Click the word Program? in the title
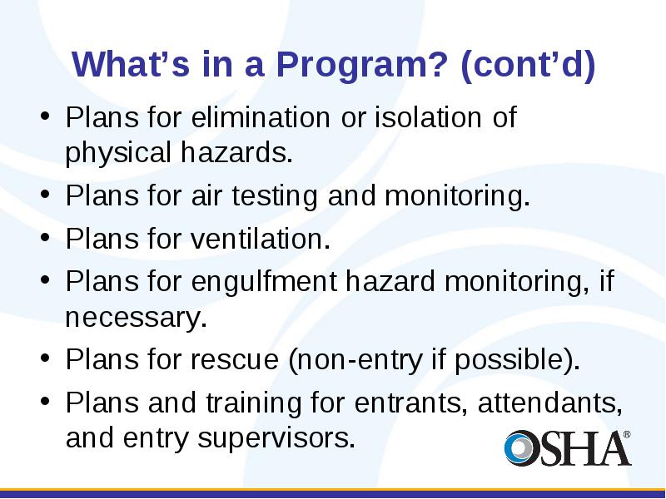point(362,65)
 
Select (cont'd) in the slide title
point(528,66)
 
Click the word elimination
point(261,117)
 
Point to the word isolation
point(428,117)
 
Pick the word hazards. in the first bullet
point(236,152)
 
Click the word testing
point(275,196)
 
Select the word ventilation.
point(261,239)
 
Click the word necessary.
point(136,319)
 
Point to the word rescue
point(235,360)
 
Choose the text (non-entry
point(355,361)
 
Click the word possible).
point(517,361)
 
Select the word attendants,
point(550,403)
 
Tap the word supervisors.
point(276,439)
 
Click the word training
point(254,403)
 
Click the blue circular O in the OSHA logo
point(519,447)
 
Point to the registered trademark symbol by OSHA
point(627,435)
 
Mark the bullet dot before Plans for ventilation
point(45,237)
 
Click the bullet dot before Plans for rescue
point(45,358)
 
